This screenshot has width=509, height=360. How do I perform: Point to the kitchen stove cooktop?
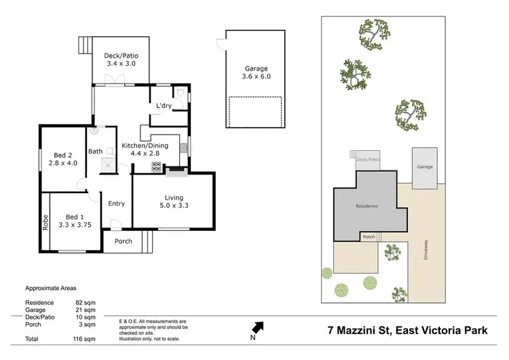[x=156, y=165]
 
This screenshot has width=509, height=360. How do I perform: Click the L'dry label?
[x=164, y=106]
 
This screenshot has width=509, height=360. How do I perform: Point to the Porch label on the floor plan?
[x=123, y=241]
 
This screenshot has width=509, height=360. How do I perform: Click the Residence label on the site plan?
[x=366, y=205]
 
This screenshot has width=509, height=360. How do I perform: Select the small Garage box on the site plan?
[x=425, y=166]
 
